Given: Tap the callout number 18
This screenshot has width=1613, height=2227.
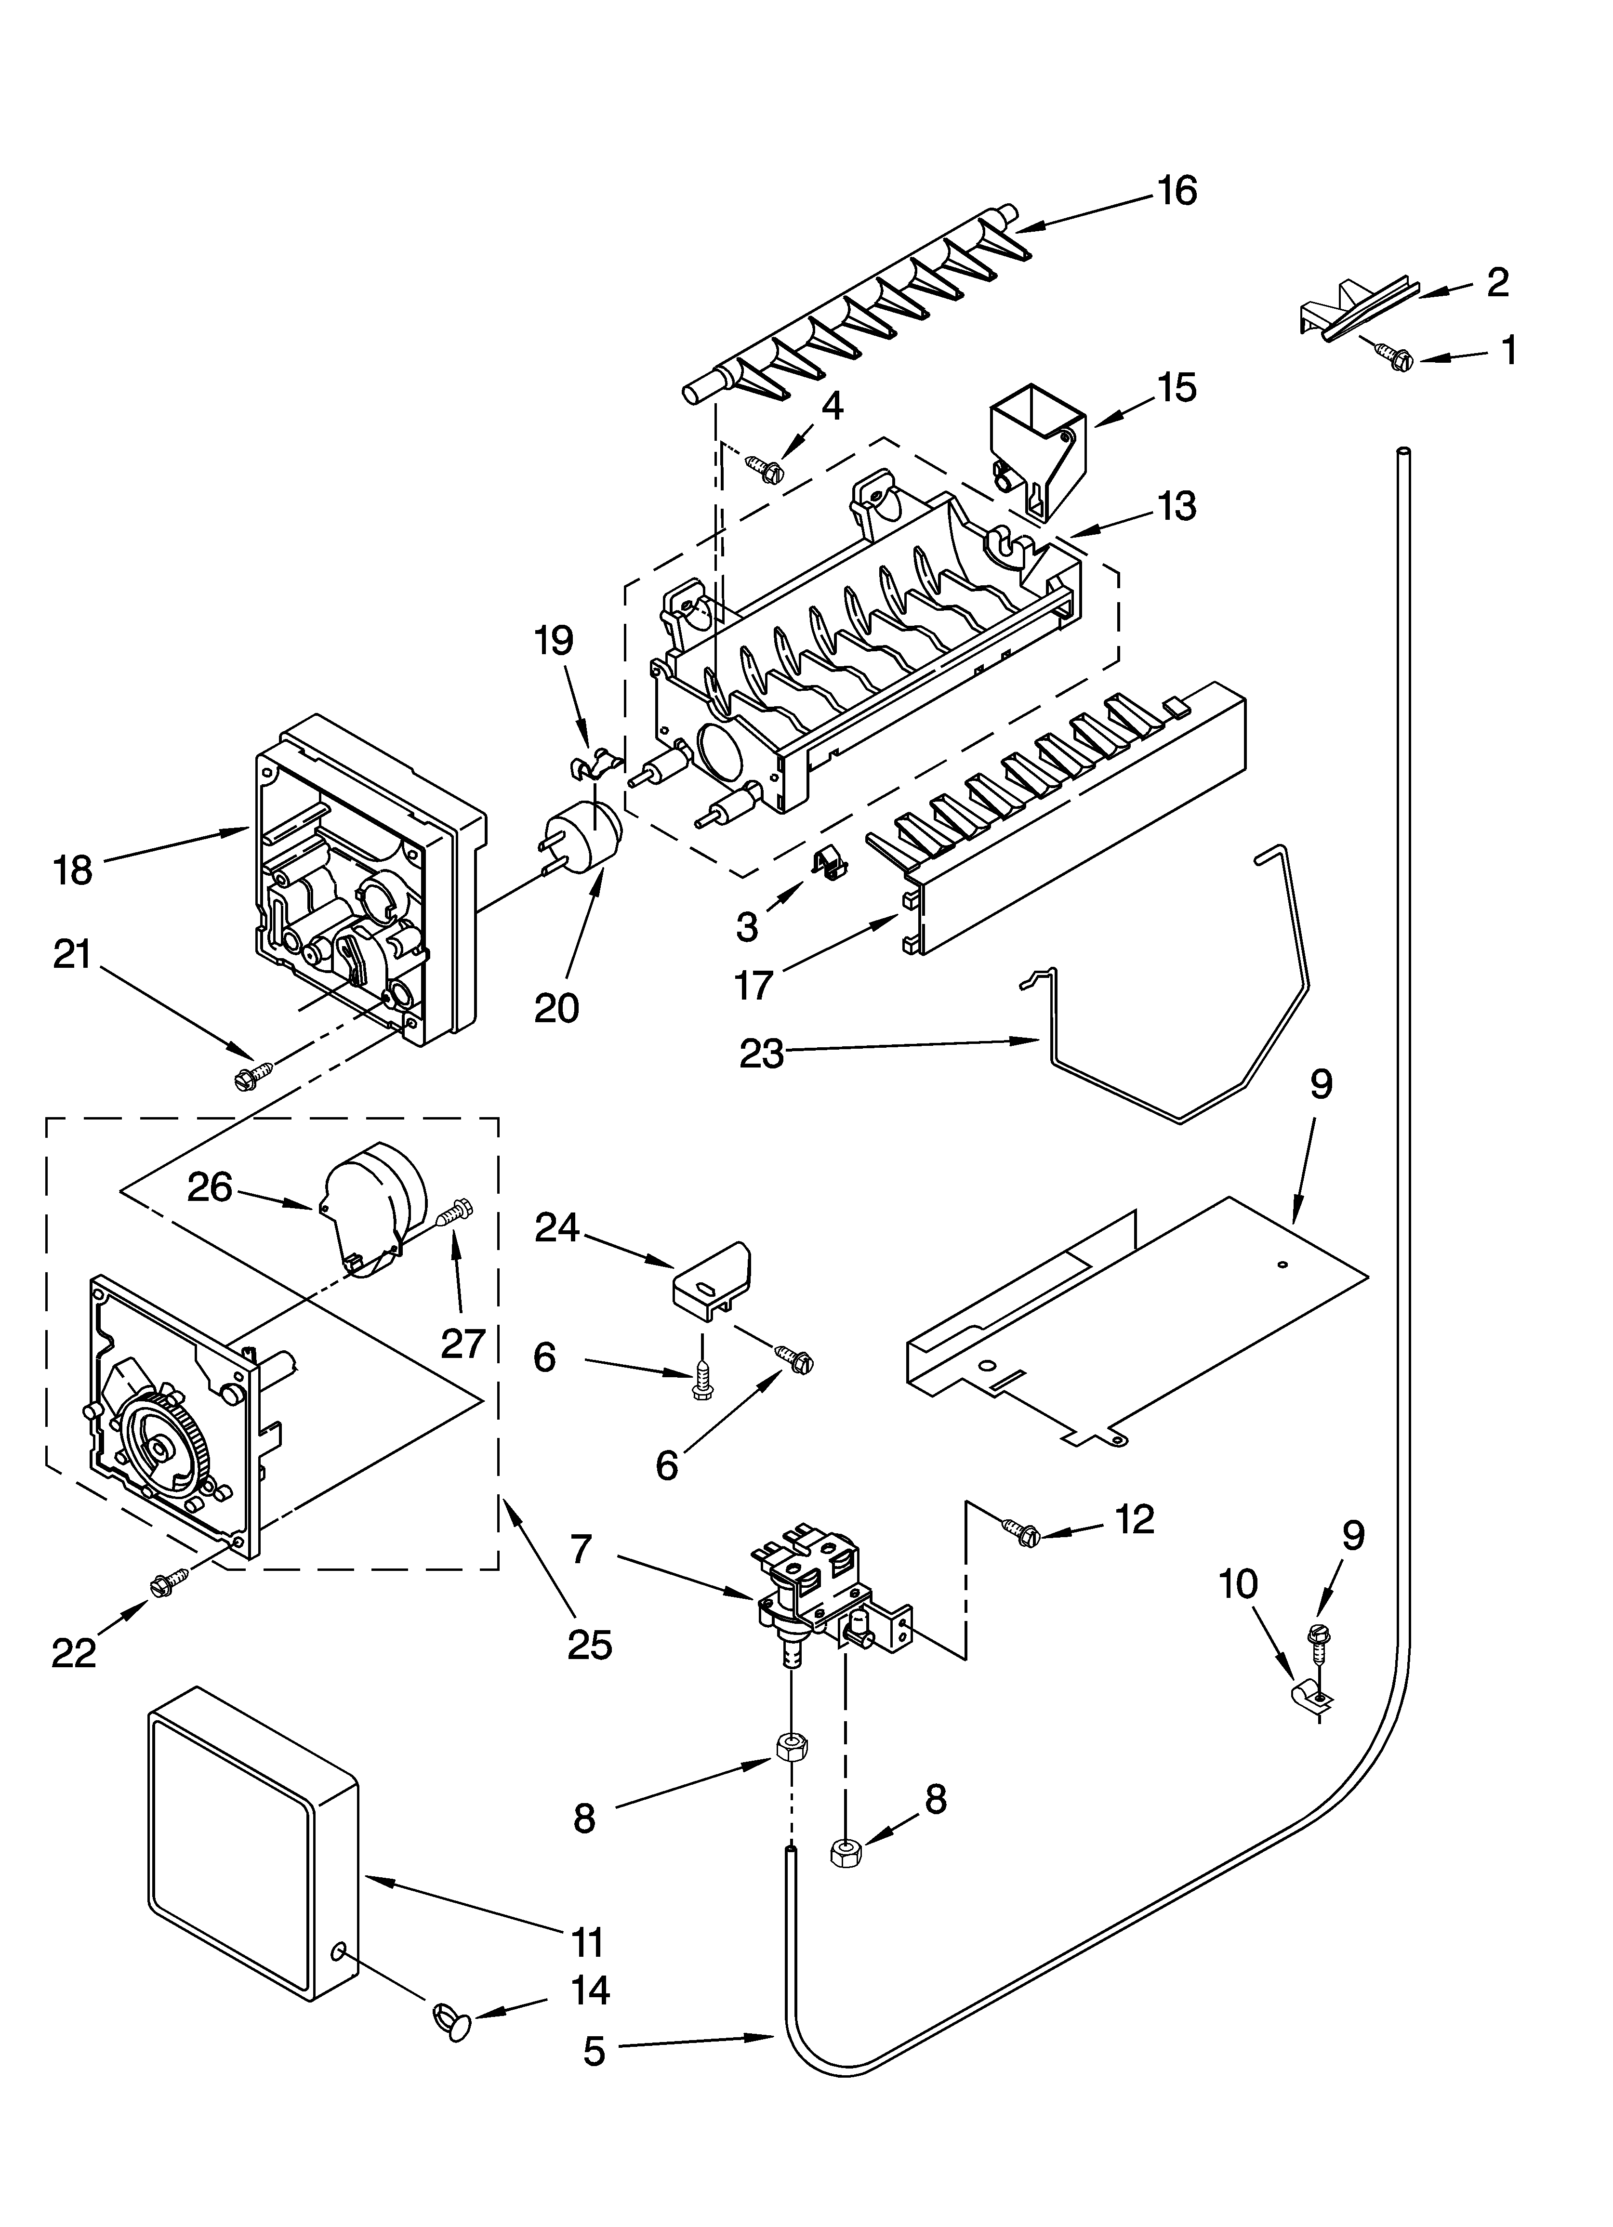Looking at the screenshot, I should point(74,870).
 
